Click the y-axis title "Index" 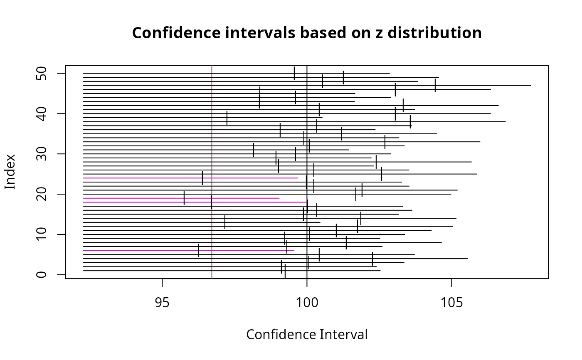coord(10,172)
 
